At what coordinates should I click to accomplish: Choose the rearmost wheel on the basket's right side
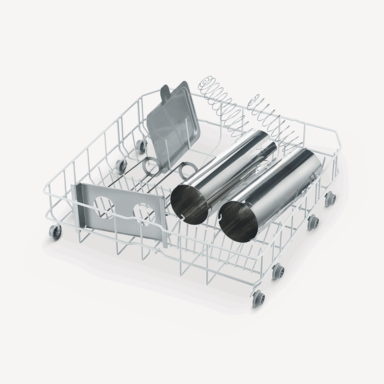click(x=330, y=198)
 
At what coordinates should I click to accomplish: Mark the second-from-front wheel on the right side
click(x=278, y=272)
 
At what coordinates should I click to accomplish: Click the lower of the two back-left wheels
click(x=120, y=166)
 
